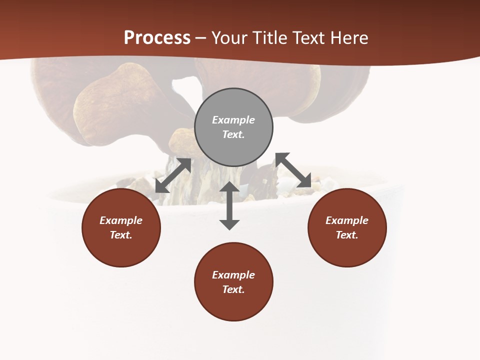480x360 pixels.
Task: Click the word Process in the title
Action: (x=157, y=38)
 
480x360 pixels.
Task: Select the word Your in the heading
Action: (x=230, y=38)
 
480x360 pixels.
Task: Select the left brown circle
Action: (x=121, y=250)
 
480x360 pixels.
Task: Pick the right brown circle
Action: (x=347, y=250)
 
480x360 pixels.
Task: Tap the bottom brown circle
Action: (x=233, y=305)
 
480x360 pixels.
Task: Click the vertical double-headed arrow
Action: (x=229, y=205)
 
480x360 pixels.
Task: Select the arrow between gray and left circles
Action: (x=173, y=175)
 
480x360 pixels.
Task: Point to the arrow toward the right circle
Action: (x=293, y=170)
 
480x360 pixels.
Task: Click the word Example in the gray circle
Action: (x=233, y=120)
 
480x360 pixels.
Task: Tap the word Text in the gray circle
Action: (x=233, y=134)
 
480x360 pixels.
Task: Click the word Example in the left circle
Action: (x=121, y=220)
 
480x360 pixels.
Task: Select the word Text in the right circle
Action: (x=347, y=235)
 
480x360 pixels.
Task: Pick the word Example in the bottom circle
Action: (x=233, y=275)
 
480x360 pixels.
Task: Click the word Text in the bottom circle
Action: (x=233, y=289)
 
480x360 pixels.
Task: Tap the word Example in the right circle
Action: (x=347, y=220)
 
